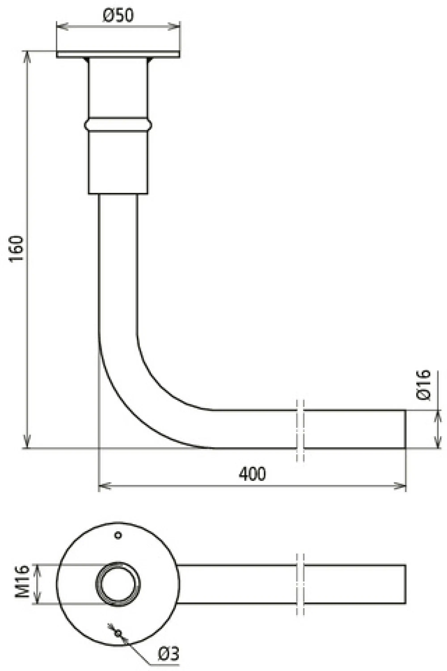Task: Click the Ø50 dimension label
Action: tap(118, 16)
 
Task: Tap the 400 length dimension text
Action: tap(252, 474)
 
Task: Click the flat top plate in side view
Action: tap(118, 54)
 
